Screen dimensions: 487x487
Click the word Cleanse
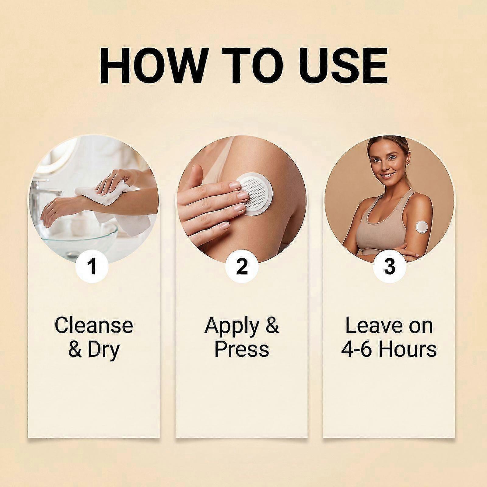pyautogui.click(x=94, y=325)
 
